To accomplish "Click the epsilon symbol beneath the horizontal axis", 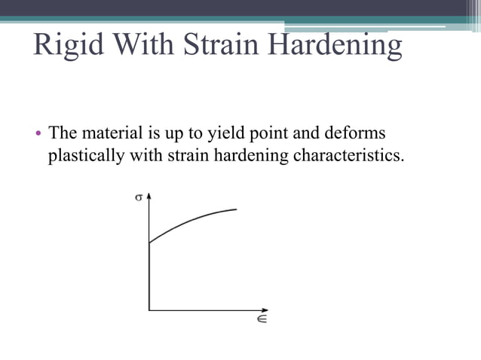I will [261, 319].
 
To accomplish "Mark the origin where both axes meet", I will [149, 310].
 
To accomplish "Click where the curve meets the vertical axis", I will [149, 243].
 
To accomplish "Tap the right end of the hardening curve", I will [237, 209].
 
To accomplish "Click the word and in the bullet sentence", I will [316, 134].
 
